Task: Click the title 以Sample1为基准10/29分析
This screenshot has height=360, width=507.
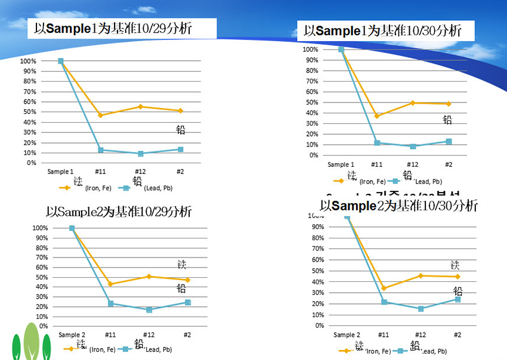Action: tap(113, 28)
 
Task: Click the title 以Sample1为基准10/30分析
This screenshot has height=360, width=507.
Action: tap(382, 31)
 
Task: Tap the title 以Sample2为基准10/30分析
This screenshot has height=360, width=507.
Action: tap(398, 206)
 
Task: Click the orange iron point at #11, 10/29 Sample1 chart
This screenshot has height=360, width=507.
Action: tap(101, 115)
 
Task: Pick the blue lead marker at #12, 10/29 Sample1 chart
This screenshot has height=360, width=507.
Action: tap(141, 154)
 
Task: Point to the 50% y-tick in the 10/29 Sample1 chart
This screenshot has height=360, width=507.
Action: tap(29, 111)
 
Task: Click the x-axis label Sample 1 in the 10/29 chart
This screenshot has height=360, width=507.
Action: tap(60, 172)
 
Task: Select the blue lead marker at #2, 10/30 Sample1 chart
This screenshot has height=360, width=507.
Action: tap(449, 142)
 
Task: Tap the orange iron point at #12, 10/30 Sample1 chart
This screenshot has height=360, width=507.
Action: tap(413, 103)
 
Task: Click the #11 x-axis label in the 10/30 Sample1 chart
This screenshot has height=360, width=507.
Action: tap(376, 165)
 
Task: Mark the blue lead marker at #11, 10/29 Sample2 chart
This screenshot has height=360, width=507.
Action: tap(110, 304)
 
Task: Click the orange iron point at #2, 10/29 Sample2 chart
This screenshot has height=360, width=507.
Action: tap(187, 280)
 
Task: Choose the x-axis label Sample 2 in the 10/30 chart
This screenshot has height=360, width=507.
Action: tap(347, 335)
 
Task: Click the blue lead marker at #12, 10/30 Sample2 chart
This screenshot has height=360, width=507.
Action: tap(421, 309)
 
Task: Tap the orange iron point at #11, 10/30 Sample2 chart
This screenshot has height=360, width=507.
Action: tap(384, 288)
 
